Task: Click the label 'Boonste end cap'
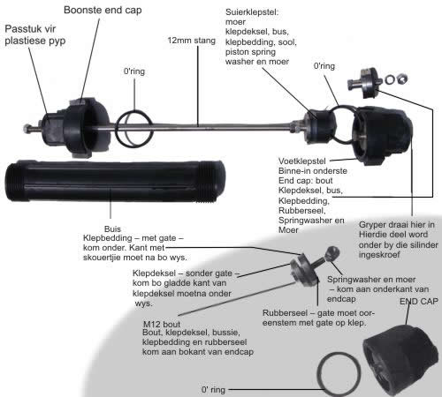pyautogui.click(x=103, y=10)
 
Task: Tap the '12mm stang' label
pyautogui.click(x=192, y=41)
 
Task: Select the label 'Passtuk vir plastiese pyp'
pyautogui.click(x=35, y=35)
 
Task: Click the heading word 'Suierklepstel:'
pyautogui.click(x=252, y=12)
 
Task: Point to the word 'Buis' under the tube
pyautogui.click(x=112, y=228)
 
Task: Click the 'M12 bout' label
pyautogui.click(x=162, y=325)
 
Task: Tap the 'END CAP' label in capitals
pyautogui.click(x=419, y=301)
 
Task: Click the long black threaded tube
pyautogui.click(x=115, y=182)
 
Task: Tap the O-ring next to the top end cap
pyautogui.click(x=134, y=129)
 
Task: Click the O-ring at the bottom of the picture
pyautogui.click(x=339, y=374)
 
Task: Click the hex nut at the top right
pyautogui.click(x=402, y=79)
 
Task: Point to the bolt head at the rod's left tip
pyautogui.click(x=27, y=129)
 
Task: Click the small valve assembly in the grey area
pyautogui.click(x=312, y=267)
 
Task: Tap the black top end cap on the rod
pyautogui.click(x=82, y=129)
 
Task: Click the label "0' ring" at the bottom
pyautogui.click(x=213, y=390)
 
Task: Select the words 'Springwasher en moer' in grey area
pyautogui.click(x=371, y=280)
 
